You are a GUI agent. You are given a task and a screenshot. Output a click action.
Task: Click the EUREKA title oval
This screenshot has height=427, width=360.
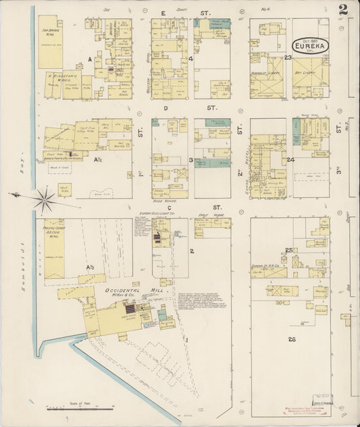click(311, 46)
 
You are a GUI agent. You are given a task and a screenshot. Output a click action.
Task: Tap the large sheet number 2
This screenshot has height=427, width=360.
click(344, 9)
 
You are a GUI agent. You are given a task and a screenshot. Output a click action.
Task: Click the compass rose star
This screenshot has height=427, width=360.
click(45, 199)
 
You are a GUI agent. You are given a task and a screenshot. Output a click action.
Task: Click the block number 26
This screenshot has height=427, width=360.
click(292, 338)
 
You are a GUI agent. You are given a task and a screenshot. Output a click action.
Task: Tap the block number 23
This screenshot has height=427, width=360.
click(288, 58)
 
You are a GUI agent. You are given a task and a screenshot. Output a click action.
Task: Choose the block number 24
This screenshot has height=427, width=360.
click(290, 160)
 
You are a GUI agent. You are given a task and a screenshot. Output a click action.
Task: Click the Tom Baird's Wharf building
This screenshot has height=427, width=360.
click(51, 42)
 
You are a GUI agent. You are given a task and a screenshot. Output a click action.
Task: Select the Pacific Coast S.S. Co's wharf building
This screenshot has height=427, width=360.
click(54, 247)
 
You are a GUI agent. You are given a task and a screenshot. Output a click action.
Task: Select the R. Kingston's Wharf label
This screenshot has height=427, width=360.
click(59, 76)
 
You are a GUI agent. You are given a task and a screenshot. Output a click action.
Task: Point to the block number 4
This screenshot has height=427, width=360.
click(191, 59)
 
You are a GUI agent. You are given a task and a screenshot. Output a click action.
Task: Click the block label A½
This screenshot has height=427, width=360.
click(98, 159)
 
